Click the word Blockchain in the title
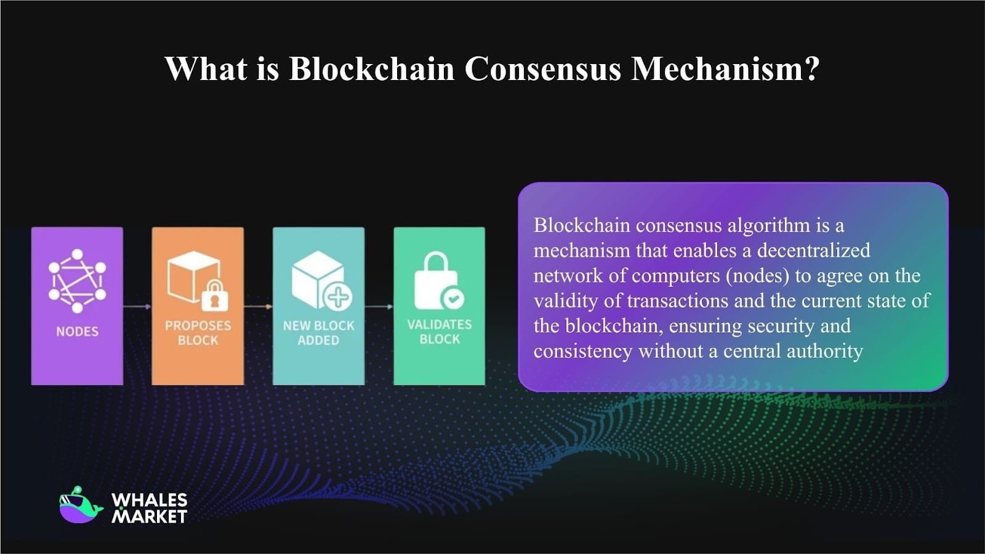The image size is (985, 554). point(371,68)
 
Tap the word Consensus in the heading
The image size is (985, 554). point(542,68)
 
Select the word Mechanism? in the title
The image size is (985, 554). point(725,68)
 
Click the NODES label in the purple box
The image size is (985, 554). point(77,331)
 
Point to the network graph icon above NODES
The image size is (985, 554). point(77,280)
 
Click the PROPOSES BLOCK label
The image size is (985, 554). point(198,332)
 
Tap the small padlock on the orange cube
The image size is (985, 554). point(214,295)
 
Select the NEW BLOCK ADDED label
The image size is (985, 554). point(318,332)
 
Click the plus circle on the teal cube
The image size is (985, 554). point(338,297)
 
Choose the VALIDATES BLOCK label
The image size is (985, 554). point(439,331)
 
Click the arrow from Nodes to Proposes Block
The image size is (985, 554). point(137,306)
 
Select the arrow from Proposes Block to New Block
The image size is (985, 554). point(258,306)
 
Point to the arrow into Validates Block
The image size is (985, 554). point(379,306)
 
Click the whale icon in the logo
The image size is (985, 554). point(80,506)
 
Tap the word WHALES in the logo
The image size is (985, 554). point(149,500)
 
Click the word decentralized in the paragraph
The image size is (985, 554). point(813,250)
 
